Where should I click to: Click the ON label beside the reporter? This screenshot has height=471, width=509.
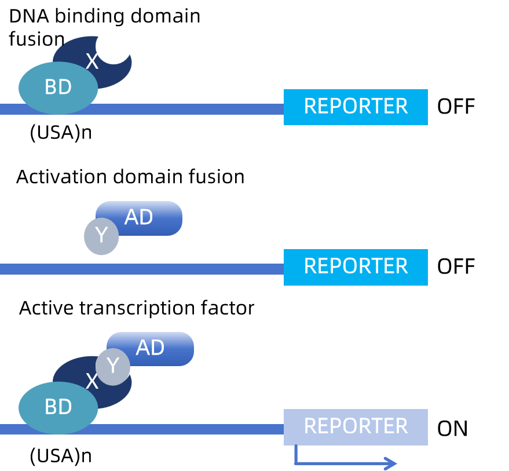click(452, 429)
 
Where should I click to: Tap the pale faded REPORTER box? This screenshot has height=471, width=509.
click(356, 427)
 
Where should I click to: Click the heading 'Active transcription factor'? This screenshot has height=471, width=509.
click(137, 308)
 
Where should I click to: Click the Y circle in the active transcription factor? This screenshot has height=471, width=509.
click(113, 366)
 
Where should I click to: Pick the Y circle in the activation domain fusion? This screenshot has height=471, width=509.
click(101, 236)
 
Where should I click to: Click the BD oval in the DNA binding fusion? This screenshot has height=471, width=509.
click(58, 87)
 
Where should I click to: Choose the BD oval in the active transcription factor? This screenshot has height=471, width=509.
click(58, 408)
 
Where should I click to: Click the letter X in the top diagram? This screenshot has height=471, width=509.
click(92, 61)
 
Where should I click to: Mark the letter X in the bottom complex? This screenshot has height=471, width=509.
click(91, 381)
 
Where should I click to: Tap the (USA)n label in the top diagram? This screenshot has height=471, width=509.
click(61, 133)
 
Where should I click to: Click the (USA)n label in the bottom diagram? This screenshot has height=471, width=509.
click(61, 456)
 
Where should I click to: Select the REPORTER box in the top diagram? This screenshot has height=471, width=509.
click(356, 107)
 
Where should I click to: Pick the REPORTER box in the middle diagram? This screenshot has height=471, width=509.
click(356, 267)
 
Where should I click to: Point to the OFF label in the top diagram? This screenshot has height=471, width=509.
click(456, 106)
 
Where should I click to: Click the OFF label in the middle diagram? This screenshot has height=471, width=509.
click(456, 266)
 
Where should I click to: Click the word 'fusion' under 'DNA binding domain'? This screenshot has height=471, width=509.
click(36, 39)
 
